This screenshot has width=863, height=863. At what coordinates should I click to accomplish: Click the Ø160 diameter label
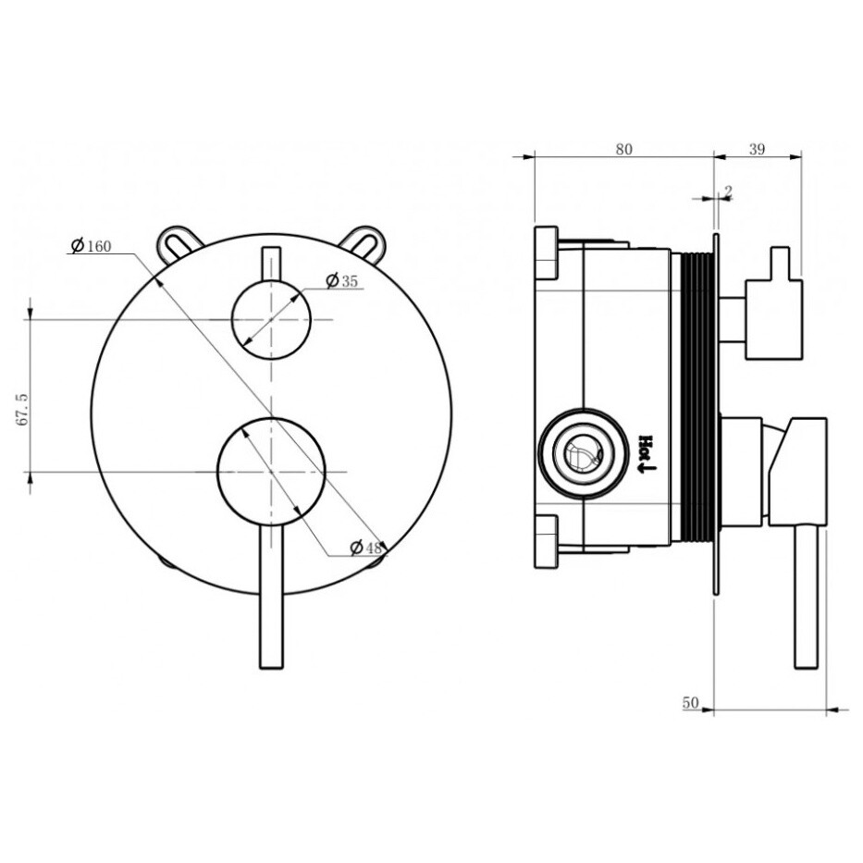click(92, 246)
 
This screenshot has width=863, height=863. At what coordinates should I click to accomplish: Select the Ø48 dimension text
click(366, 548)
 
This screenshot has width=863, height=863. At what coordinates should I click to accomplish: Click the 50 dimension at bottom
click(690, 703)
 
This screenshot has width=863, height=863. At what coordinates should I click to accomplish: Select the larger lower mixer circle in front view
click(270, 471)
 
